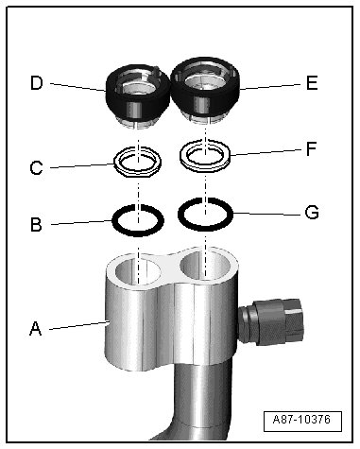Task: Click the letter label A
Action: pyautogui.click(x=35, y=329)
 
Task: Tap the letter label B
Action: pyautogui.click(x=36, y=225)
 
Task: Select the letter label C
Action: pyautogui.click(x=36, y=167)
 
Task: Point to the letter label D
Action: pyautogui.click(x=37, y=83)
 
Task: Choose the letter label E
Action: pyautogui.click(x=312, y=83)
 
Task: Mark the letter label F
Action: pyautogui.click(x=311, y=148)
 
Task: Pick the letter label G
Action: pyautogui.click(x=312, y=213)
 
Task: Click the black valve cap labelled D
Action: pyautogui.click(x=137, y=96)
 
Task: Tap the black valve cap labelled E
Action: pyautogui.click(x=205, y=90)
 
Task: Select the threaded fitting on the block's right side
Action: pyautogui.click(x=270, y=321)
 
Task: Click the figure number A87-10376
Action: pyautogui.click(x=301, y=420)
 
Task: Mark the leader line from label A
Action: pyautogui.click(x=77, y=325)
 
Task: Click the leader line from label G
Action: pyautogui.click(x=267, y=215)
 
